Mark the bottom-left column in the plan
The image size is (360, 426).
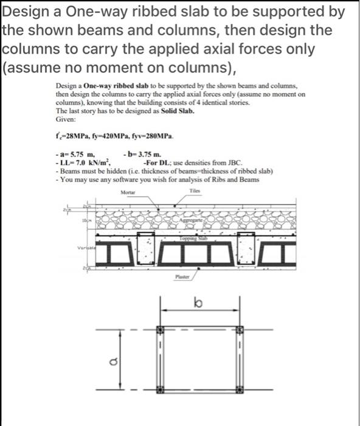161,390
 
